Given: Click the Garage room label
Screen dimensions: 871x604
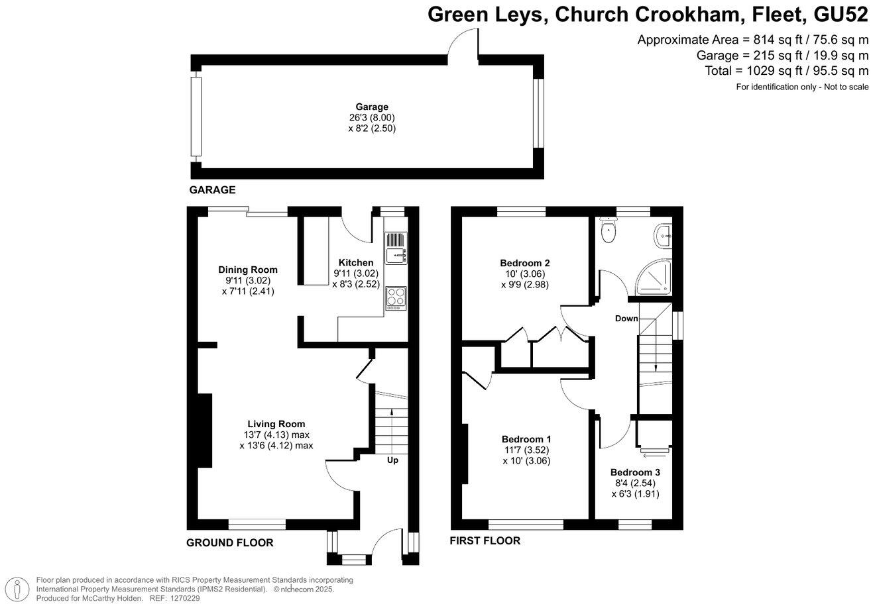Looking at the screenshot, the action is [371, 107].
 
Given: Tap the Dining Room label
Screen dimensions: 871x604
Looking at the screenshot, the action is [248, 270].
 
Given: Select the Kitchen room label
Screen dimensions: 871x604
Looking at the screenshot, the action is [356, 263].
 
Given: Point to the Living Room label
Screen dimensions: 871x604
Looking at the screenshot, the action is [276, 424].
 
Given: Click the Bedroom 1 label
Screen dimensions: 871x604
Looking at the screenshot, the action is [526, 439].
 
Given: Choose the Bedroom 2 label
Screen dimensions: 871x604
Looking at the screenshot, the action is [526, 263].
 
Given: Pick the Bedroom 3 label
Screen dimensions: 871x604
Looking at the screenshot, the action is [635, 472].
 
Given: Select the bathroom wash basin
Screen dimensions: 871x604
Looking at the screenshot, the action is [664, 234].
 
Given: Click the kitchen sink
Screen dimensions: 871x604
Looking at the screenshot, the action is [396, 248].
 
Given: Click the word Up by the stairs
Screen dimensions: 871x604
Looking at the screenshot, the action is [392, 460].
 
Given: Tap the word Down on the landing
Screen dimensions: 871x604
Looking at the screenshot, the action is [626, 319].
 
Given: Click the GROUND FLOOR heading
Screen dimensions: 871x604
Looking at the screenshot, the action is [229, 543].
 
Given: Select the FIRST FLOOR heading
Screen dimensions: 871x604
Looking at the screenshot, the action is [485, 540].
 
